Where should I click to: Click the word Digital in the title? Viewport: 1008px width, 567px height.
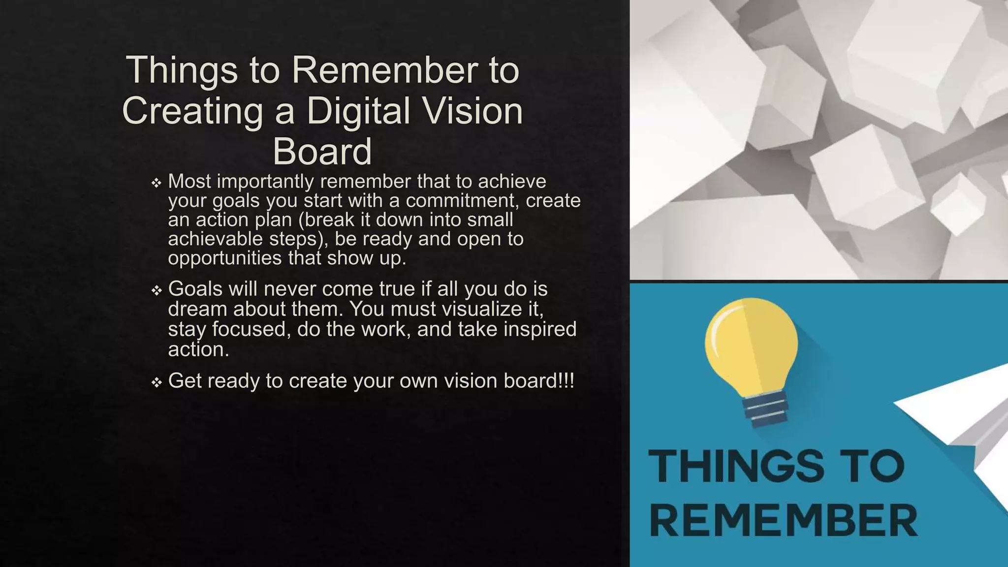358,111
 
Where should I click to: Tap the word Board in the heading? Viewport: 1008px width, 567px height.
322,152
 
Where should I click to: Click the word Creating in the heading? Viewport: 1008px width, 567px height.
192,111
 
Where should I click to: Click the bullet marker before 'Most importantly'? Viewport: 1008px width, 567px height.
157,183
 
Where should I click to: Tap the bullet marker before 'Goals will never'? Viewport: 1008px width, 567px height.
157,290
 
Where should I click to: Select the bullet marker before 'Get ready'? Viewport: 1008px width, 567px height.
157,382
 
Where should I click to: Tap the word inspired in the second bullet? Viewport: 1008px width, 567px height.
540,329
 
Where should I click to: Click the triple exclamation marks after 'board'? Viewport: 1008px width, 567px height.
566,380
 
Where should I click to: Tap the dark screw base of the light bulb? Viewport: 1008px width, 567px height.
766,409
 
